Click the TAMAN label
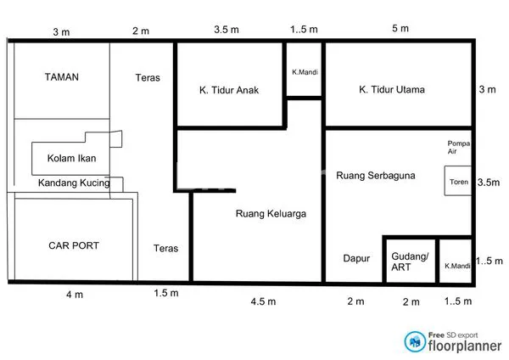[61, 77]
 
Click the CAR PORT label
[73, 246]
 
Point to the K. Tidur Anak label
[229, 90]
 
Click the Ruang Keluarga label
[271, 215]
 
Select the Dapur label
[357, 259]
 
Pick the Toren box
[458, 182]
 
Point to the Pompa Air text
[458, 148]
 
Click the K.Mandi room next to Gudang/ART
[456, 265]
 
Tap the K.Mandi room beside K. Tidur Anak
[303, 72]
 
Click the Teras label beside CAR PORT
[166, 249]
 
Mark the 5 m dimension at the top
[400, 29]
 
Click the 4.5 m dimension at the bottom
[263, 301]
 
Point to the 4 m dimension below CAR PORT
[75, 295]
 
